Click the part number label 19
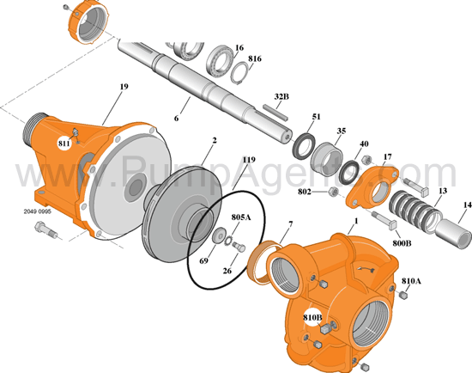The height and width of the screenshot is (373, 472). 124,87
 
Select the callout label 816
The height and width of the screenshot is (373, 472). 254,59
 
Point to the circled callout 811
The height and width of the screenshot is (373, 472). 64,144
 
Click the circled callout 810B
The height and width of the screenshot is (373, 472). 312,319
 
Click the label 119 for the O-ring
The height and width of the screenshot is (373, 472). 248,160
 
